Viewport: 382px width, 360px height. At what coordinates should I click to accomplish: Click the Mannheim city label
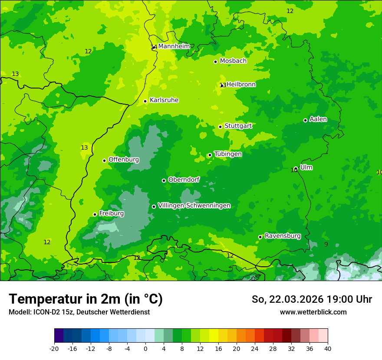(x=174, y=46)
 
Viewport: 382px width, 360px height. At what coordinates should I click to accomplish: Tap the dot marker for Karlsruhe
(x=145, y=101)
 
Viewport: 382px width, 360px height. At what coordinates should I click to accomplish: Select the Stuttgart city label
(x=238, y=126)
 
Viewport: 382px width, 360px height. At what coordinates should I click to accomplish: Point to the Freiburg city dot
(x=95, y=214)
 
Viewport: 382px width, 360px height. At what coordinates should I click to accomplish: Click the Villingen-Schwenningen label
(x=194, y=206)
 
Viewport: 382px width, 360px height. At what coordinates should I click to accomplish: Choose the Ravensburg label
(x=282, y=236)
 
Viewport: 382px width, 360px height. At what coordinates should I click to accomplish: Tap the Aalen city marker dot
(x=305, y=120)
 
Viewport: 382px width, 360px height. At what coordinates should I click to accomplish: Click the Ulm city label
(x=306, y=167)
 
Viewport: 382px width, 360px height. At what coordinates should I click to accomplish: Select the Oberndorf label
(x=184, y=180)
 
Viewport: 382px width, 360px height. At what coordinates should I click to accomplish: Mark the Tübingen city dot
(x=210, y=155)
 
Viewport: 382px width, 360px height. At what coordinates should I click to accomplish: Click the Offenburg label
(x=123, y=160)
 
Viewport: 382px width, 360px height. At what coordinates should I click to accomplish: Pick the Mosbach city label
(x=233, y=61)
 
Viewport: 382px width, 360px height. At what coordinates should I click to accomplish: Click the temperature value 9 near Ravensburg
(x=326, y=244)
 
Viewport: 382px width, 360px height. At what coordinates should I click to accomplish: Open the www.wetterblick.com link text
(x=313, y=312)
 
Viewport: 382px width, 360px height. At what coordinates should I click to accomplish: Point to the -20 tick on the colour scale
(x=54, y=348)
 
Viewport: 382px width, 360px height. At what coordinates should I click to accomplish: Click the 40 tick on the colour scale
(x=327, y=348)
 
